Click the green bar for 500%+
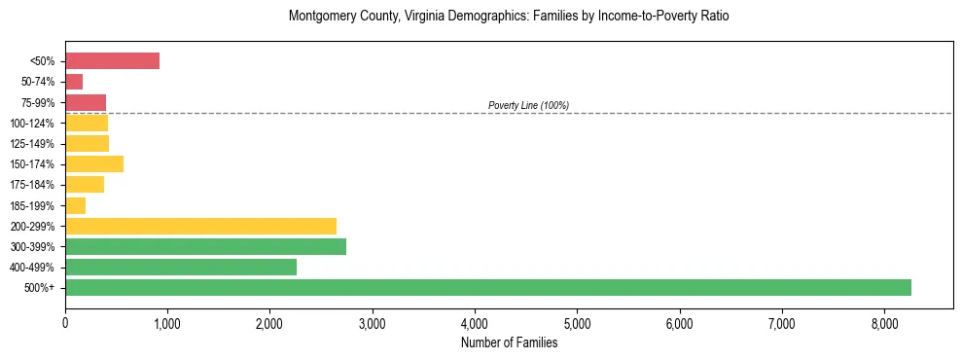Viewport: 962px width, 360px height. (x=487, y=287)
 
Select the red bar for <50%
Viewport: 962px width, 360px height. (x=112, y=60)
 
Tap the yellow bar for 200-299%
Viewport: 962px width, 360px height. (x=200, y=226)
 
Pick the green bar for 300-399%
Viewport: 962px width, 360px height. (x=205, y=246)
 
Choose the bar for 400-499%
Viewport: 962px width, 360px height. (x=181, y=267)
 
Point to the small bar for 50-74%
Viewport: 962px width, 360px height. (x=74, y=82)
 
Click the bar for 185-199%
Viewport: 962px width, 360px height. (x=76, y=205)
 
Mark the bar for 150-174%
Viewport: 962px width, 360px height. (x=94, y=163)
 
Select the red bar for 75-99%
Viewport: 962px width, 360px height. (x=86, y=102)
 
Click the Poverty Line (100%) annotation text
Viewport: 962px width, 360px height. (x=528, y=105)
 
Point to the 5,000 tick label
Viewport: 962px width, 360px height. (x=577, y=323)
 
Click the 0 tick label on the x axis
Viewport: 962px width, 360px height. (x=65, y=323)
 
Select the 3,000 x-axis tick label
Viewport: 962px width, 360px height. (x=373, y=323)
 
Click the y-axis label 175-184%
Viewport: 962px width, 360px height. (x=32, y=185)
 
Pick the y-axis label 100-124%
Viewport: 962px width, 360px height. (x=32, y=124)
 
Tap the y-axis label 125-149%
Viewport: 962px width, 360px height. (x=32, y=144)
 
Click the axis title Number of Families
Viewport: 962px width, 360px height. (x=509, y=342)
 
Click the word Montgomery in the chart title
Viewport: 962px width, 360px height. (x=320, y=17)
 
